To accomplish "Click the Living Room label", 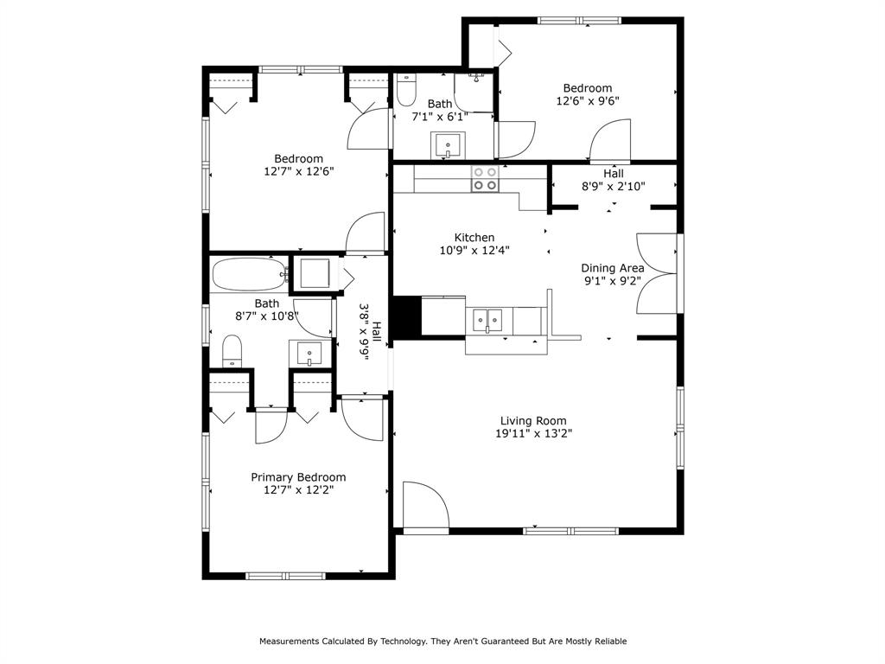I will [533, 421].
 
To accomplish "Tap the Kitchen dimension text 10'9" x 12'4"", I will [474, 251].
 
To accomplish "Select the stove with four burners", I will [484, 178].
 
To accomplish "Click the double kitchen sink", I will [488, 319].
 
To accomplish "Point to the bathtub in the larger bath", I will [249, 276].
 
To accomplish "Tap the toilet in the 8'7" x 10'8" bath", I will [232, 351].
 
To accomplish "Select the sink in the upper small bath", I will [449, 144].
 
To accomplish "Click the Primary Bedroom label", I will [298, 477].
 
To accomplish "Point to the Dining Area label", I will [612, 268].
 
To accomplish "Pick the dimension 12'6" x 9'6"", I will [588, 100].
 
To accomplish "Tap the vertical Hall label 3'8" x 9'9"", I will [364, 332].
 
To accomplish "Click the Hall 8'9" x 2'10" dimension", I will [614, 186].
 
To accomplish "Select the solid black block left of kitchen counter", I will [406, 316].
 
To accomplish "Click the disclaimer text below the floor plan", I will [442, 642].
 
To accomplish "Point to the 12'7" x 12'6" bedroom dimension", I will [298, 171].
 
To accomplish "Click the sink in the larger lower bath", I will [309, 354].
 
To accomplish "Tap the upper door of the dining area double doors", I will [654, 253].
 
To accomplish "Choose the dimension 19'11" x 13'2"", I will [533, 434].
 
